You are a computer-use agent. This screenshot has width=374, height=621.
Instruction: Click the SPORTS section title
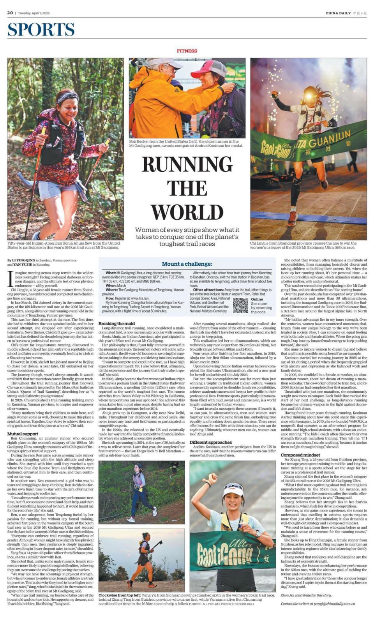41,30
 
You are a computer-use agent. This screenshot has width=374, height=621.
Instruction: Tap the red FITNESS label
187,51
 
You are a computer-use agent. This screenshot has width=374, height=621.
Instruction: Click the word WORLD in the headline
187,212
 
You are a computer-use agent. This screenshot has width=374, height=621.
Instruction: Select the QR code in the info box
240,305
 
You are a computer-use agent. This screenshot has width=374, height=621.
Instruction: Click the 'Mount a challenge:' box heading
187,264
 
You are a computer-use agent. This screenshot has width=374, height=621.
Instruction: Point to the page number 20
10,13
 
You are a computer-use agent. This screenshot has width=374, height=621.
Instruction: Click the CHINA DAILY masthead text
338,13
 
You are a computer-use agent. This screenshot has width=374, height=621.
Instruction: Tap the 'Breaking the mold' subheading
116,323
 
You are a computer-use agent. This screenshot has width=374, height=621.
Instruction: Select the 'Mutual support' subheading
23,434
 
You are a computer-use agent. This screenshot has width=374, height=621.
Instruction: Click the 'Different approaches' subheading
210,442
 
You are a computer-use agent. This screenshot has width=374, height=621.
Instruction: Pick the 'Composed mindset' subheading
300,455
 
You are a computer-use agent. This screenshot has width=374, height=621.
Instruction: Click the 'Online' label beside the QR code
257,299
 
